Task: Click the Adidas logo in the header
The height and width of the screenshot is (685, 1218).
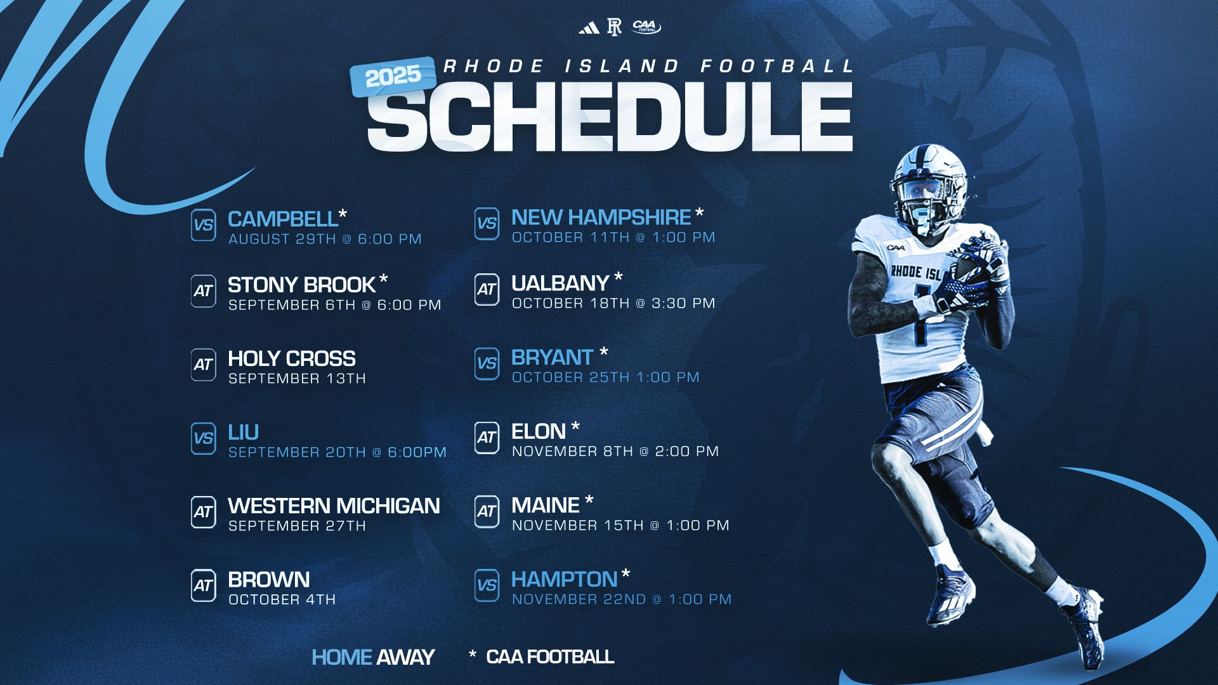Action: point(589,28)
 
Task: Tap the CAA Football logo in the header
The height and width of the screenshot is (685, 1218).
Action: point(646,27)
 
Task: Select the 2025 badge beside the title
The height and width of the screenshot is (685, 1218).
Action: point(393,76)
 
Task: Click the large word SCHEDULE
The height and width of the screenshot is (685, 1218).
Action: point(610,118)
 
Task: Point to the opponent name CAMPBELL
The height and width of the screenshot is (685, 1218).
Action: point(283,219)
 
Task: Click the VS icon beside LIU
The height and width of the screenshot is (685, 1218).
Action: point(204,438)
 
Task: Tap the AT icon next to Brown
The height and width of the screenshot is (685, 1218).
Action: point(204,585)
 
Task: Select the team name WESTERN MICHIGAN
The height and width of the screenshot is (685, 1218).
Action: point(334,506)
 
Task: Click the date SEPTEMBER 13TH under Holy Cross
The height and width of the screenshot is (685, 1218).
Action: point(297,379)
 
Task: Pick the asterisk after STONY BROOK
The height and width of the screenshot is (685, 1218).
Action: point(383,280)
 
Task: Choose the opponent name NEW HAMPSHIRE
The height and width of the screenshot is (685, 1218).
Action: point(601,217)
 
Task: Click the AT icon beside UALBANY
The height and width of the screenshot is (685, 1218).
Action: point(487,290)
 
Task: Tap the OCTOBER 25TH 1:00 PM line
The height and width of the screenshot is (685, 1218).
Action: point(605,377)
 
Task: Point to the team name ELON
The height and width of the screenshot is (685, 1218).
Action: point(539,431)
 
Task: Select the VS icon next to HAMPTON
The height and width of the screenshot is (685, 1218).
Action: point(487,585)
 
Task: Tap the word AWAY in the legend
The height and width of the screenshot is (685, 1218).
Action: point(406,657)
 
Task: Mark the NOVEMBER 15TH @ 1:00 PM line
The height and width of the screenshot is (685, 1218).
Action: point(620,525)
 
